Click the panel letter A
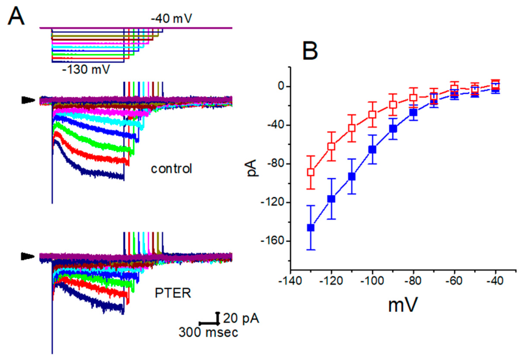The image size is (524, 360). [16, 16]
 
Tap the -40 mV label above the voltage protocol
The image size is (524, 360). [171, 19]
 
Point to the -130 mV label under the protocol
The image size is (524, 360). [86, 69]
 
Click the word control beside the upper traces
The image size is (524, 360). [171, 169]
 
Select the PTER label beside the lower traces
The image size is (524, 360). [173, 293]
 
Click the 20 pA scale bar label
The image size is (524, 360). [241, 318]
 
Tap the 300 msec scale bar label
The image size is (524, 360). [208, 332]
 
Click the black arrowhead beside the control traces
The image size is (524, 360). [28, 100]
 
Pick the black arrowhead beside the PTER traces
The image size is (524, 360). [28, 256]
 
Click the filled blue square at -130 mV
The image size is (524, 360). [311, 228]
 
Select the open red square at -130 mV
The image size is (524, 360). [311, 172]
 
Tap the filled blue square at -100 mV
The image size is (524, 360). [372, 149]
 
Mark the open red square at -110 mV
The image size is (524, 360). [351, 128]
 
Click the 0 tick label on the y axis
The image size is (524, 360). [281, 87]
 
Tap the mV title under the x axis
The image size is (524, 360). [402, 305]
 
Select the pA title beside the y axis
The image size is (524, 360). [253, 168]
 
